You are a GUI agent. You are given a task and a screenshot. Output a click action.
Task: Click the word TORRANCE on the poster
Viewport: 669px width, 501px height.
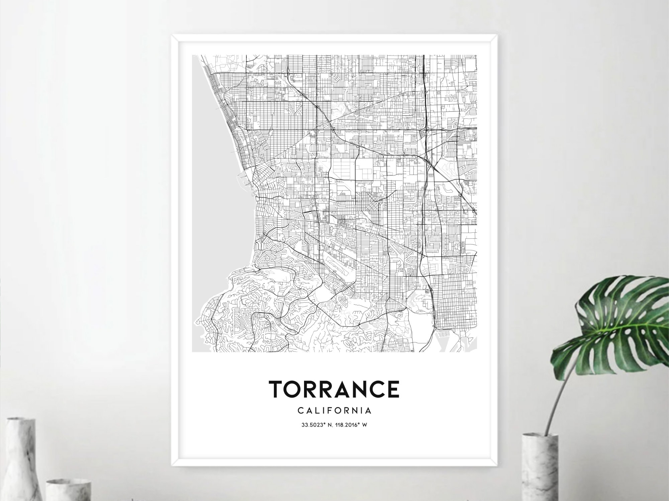[x=334, y=389]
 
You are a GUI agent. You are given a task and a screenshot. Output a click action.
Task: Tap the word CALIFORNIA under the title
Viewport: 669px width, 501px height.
[x=334, y=410]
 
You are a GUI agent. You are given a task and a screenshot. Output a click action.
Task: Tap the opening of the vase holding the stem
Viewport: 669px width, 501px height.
[x=540, y=436]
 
